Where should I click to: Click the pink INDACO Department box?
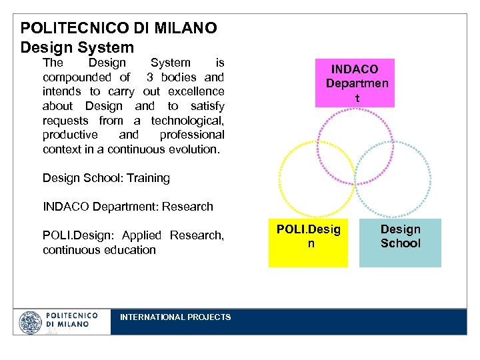tap(356, 83)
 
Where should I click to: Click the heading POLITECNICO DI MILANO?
tap(119, 28)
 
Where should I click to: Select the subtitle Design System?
tap(77, 47)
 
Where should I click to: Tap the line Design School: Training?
tap(106, 178)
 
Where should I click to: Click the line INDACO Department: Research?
tap(127, 207)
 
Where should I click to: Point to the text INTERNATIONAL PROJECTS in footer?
tap(175, 317)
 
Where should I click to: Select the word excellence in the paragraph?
tap(196, 91)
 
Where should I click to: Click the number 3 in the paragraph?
tap(150, 77)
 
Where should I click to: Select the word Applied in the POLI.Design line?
tap(141, 235)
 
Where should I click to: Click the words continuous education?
tap(99, 250)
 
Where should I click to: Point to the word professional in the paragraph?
tap(191, 135)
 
